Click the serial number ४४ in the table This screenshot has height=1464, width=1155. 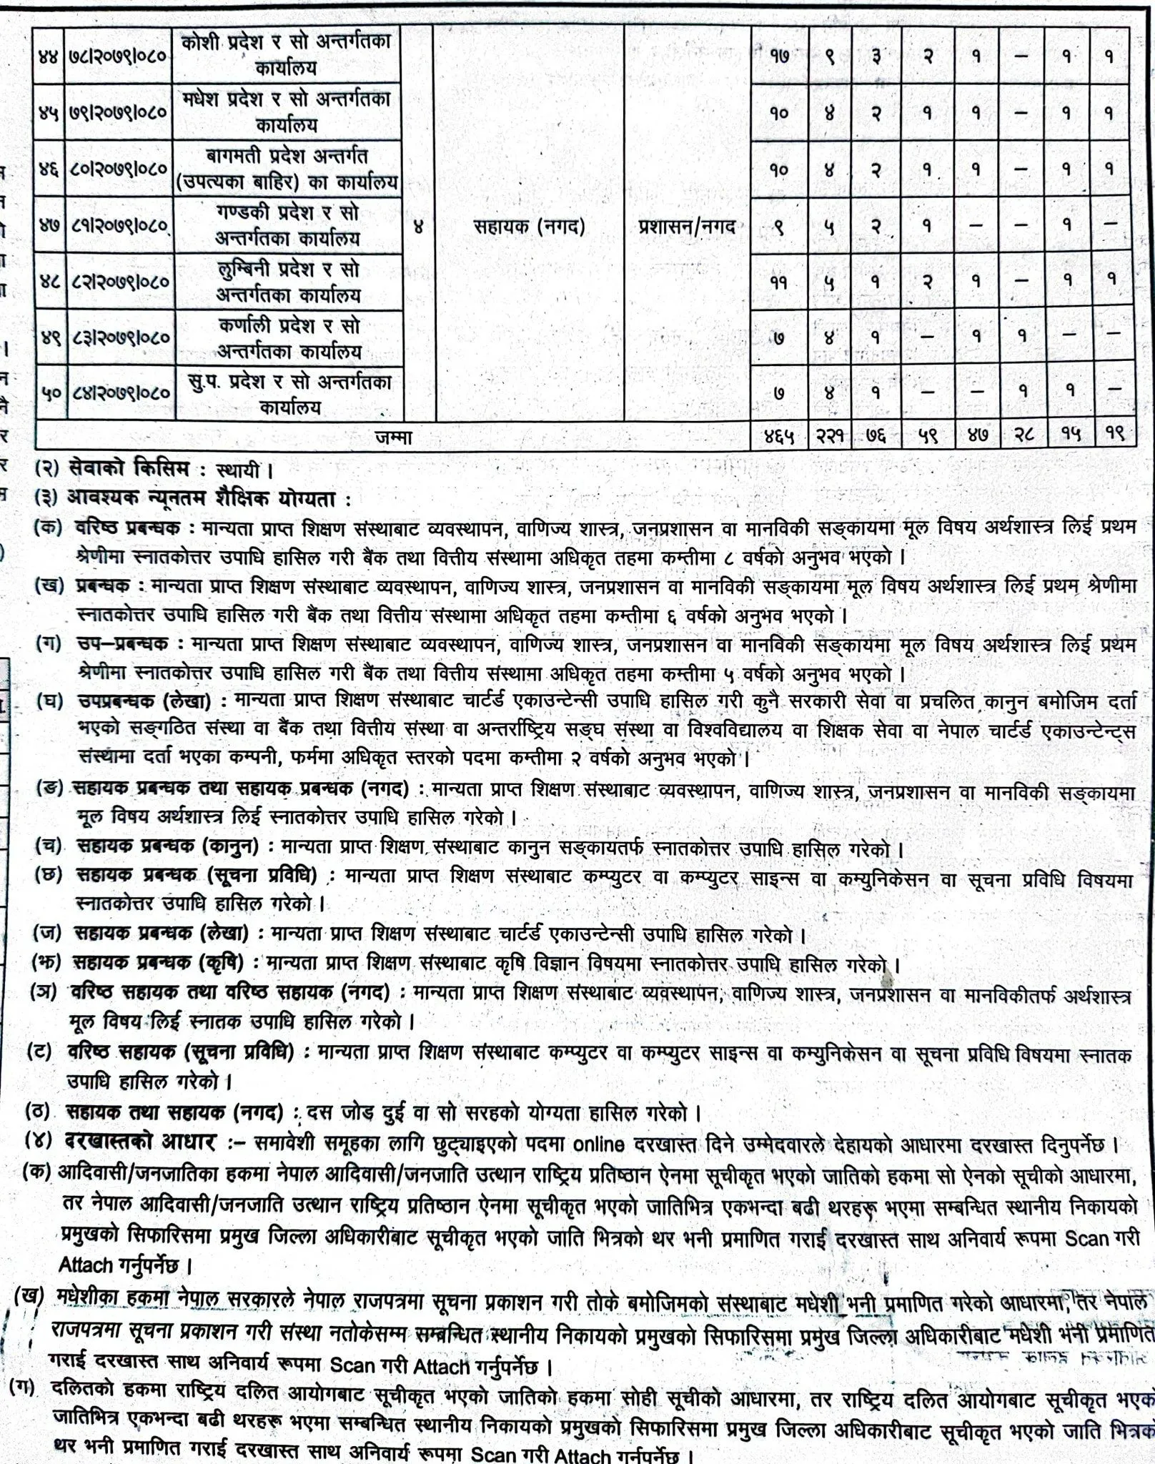point(49,55)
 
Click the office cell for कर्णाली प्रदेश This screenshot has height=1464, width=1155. point(289,337)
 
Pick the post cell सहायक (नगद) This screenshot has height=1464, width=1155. point(529,227)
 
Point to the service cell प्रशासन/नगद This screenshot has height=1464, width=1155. point(686,227)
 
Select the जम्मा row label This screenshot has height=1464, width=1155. point(393,437)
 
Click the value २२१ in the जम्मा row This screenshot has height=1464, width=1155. point(829,436)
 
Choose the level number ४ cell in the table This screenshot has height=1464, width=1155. point(419,227)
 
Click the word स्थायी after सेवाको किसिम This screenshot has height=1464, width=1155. point(240,470)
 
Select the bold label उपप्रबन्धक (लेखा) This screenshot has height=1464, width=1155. point(144,702)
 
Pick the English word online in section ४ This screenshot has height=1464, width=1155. point(599,1144)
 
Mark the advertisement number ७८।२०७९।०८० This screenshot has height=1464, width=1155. point(120,55)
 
